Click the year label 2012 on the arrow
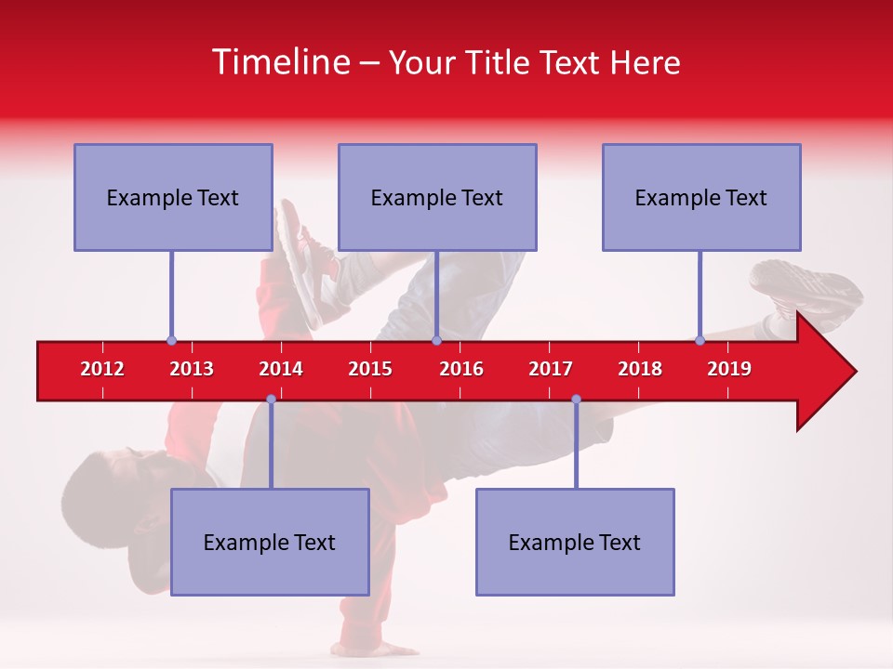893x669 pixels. pos(102,369)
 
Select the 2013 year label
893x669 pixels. pos(192,369)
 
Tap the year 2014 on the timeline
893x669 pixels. pos(281,369)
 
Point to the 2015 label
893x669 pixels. pos(370,369)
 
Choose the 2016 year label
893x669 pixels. pos(461,369)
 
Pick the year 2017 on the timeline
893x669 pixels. pos(551,369)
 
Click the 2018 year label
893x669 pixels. pos(640,369)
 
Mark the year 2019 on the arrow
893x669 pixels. pos(729,369)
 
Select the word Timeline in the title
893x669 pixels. pos(279,62)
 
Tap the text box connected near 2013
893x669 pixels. pos(173,197)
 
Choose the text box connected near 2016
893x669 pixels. pos(437,197)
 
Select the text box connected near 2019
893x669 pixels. pos(701,197)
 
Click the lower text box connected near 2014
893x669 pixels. pos(270,542)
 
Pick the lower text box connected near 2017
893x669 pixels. pos(575,542)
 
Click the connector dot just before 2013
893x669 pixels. pos(171,340)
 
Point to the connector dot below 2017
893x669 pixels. pos(576,399)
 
